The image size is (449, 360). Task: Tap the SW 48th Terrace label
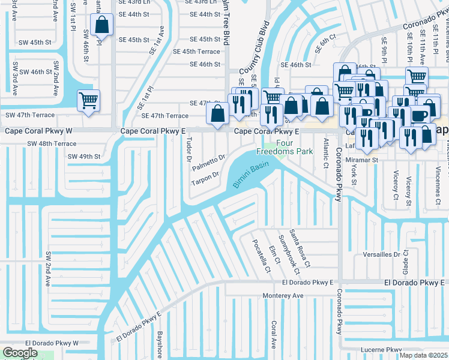pos(52,144)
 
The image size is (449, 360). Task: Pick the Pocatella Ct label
pos(262,257)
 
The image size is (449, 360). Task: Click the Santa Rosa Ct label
pos(300,248)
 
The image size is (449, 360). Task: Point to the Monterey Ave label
pos(283,296)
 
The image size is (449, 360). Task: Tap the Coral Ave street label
pos(273,335)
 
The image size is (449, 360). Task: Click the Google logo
pos(19,353)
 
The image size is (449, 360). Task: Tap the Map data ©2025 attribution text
pos(424,355)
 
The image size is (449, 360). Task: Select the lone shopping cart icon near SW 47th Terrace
pos(88,100)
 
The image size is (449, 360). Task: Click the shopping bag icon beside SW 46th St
pos(102,25)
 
